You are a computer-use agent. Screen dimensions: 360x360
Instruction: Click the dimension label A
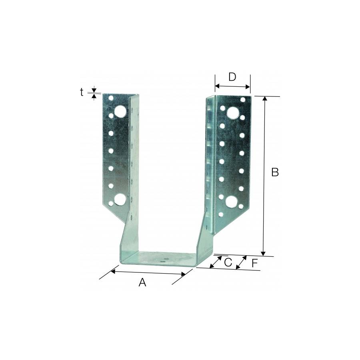(142, 282)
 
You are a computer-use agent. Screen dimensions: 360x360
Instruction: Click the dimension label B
(275, 172)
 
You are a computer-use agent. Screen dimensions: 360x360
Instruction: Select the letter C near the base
(228, 263)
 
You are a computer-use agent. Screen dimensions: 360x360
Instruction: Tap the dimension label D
(232, 77)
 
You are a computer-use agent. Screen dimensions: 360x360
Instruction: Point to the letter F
(254, 263)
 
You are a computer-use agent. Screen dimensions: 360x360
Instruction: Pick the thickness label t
(82, 92)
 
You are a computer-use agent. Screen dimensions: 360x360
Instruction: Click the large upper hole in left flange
(120, 111)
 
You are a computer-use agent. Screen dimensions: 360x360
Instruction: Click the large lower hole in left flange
(120, 200)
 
